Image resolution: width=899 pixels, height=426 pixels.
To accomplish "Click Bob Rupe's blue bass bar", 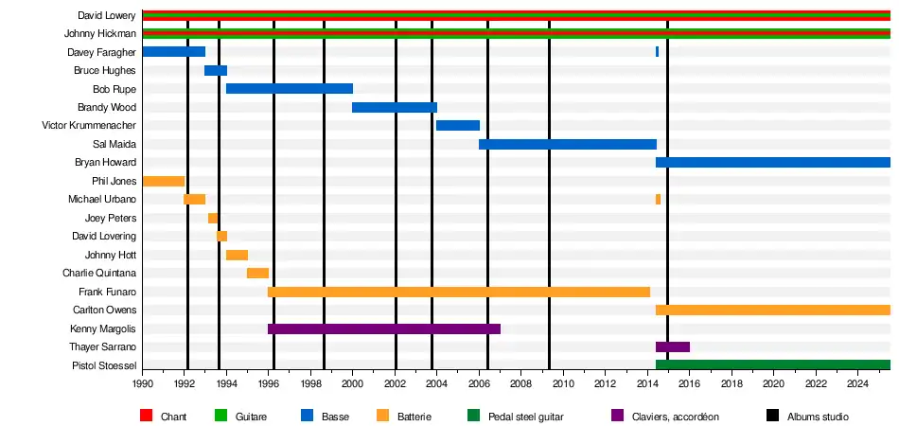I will pos(290,89).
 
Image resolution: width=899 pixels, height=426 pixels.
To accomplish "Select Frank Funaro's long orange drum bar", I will pos(459,292).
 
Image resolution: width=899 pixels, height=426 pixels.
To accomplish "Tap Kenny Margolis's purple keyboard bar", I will pos(384,328).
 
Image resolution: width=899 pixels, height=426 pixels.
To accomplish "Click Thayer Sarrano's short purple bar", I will pos(673,346).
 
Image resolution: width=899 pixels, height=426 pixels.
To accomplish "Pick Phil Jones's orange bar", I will pos(163,181).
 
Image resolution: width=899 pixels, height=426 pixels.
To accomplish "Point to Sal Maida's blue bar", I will pos(568,144).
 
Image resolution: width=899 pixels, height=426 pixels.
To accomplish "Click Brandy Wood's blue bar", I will pos(395,107).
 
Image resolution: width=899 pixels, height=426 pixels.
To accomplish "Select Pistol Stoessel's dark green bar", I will pos(773,365).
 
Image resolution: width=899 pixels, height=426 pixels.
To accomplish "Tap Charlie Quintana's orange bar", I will pos(257,273).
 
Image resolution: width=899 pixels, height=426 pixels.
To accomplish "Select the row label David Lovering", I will pos(104,236).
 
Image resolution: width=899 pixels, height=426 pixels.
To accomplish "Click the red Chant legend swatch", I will pos(146,417).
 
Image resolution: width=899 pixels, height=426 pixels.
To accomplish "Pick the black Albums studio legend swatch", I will pos(768,417).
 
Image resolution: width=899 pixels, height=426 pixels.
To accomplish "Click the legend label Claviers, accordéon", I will pos(678,417).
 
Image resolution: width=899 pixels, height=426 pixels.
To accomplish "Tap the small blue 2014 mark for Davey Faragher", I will pos(657,52).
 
